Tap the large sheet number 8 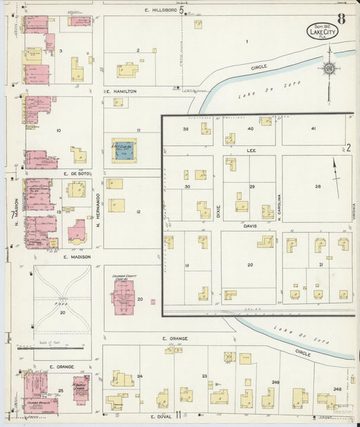pyautogui.click(x=341, y=19)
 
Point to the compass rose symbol pyautogui.click(x=329, y=69)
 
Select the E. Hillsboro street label pyautogui.click(x=159, y=11)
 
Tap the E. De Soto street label pyautogui.click(x=76, y=174)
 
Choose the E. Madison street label pyautogui.click(x=76, y=257)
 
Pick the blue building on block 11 pyautogui.click(x=123, y=152)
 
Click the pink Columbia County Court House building pyautogui.click(x=123, y=297)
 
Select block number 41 pyautogui.click(x=313, y=128)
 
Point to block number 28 pyautogui.click(x=317, y=186)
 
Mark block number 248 pyautogui.click(x=337, y=389)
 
